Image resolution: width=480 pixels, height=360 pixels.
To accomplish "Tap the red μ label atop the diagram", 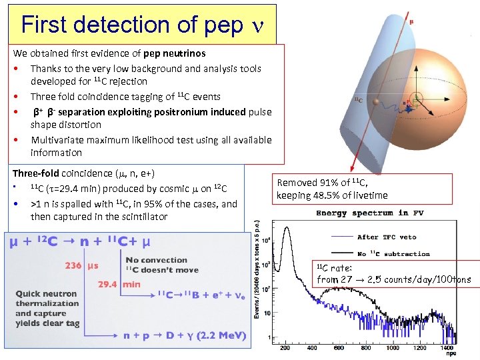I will click(x=411, y=21).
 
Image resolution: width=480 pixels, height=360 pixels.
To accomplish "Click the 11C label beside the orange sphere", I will click(x=358, y=99).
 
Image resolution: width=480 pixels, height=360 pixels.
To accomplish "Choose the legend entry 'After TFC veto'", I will click(x=387, y=237).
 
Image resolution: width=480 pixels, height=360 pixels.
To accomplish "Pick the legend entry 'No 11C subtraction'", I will click(x=393, y=253).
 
